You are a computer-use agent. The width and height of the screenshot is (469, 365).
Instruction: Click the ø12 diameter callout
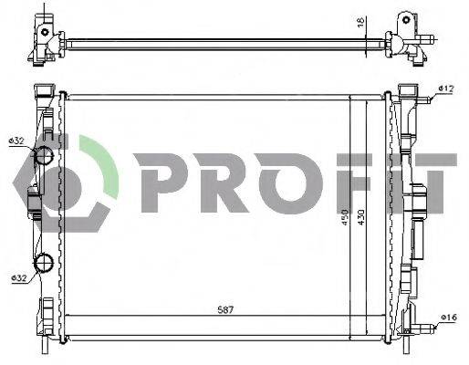[x=445, y=89]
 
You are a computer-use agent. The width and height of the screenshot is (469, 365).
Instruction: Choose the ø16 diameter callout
[x=446, y=318]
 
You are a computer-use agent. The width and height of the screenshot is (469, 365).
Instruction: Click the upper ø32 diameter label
[x=17, y=141]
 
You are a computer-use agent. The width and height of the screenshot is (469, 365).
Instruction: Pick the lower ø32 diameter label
[x=17, y=277]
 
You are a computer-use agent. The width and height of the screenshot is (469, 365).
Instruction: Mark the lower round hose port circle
[x=45, y=265]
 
